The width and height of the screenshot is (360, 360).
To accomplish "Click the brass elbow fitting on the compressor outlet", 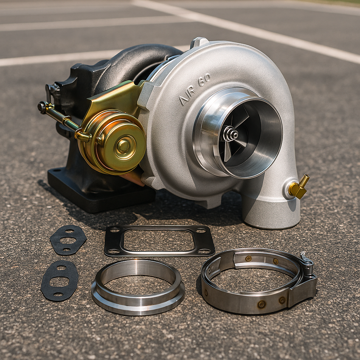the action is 298,187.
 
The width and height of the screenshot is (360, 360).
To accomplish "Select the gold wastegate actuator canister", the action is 112,142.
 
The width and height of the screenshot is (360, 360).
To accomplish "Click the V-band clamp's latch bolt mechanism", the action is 308,264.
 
